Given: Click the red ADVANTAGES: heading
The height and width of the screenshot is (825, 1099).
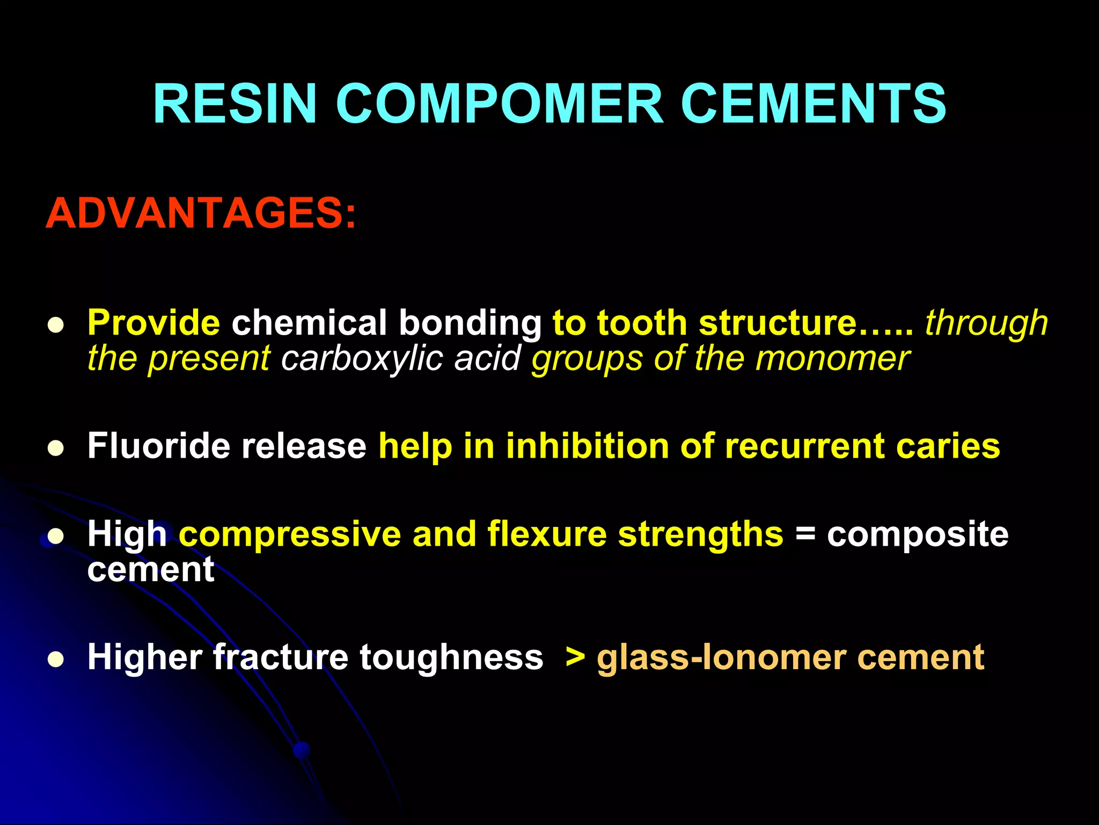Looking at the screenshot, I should [x=201, y=213].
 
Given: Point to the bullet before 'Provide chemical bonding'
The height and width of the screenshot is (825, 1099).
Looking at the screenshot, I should [x=55, y=325].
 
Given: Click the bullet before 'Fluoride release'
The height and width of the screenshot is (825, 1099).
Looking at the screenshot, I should [x=55, y=448].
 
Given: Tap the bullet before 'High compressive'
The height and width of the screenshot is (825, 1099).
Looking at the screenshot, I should [x=55, y=536].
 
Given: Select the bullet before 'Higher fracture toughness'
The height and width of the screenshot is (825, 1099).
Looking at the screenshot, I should [x=55, y=659].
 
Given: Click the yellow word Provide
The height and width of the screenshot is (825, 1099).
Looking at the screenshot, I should [x=153, y=323].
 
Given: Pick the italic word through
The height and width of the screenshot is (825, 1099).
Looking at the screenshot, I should [x=986, y=323].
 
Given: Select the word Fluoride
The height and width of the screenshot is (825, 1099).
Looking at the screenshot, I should [x=158, y=446].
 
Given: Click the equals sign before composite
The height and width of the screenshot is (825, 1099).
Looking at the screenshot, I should [x=804, y=534].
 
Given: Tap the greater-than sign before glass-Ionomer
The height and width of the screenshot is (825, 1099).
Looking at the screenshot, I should [x=575, y=656].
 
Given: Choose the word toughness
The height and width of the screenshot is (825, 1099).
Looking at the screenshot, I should [x=451, y=657].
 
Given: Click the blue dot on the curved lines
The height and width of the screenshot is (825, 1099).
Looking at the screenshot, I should [x=302, y=750].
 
